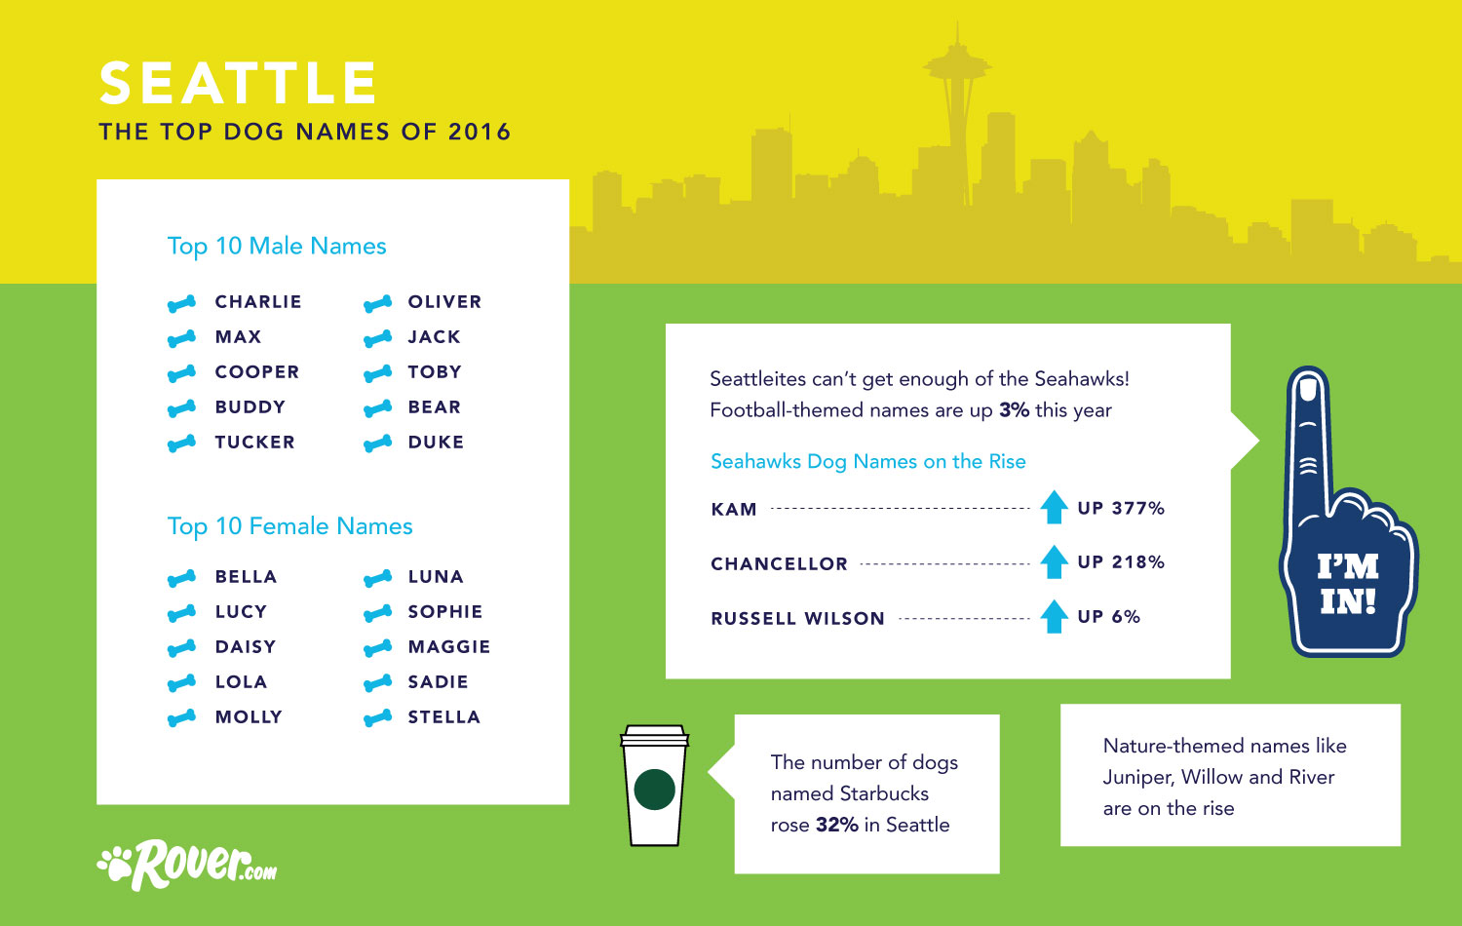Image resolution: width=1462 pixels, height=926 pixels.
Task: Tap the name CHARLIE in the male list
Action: pyautogui.click(x=258, y=302)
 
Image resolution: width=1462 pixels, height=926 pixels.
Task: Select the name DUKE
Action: pyautogui.click(x=436, y=443)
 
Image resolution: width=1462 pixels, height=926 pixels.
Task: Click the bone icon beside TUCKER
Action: pyautogui.click(x=181, y=444)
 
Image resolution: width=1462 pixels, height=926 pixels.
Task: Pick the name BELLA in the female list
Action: pyautogui.click(x=246, y=577)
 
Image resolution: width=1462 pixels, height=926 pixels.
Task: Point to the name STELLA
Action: pyautogui.click(x=443, y=717)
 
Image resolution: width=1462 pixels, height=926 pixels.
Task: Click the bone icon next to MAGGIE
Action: pyautogui.click(x=377, y=648)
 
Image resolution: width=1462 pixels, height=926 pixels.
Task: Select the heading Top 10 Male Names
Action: pyautogui.click(x=277, y=246)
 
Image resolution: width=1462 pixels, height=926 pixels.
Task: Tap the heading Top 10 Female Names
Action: pyautogui.click(x=289, y=526)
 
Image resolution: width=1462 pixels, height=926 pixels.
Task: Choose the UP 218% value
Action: pyautogui.click(x=1121, y=562)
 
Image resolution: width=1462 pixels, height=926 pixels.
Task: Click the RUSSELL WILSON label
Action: pyautogui.click(x=797, y=618)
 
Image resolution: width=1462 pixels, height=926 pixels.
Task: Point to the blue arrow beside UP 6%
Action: pyautogui.click(x=1054, y=616)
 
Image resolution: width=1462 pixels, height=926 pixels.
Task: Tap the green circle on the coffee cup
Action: pyautogui.click(x=654, y=790)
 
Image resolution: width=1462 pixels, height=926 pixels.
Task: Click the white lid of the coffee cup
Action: pyautogui.click(x=655, y=735)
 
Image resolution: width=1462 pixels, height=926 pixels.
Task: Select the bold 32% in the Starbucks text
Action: pyautogui.click(x=836, y=825)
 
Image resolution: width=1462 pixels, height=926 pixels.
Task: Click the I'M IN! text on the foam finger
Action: pyautogui.click(x=1347, y=584)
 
